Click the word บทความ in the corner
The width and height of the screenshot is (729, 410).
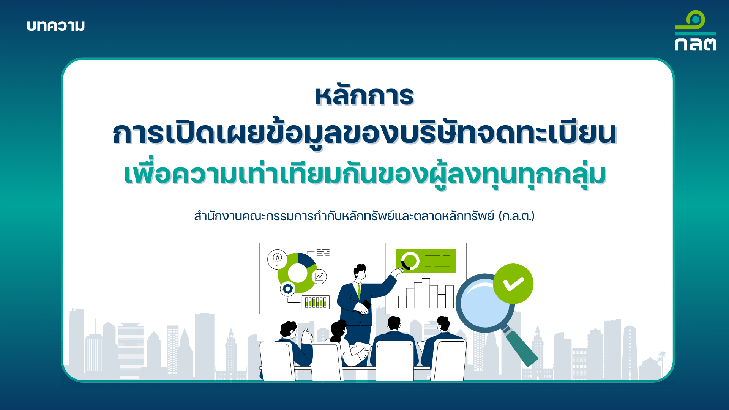click(56, 26)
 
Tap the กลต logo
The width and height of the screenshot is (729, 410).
click(696, 31)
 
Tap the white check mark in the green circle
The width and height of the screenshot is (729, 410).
click(513, 284)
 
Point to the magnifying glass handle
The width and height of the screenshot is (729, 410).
click(521, 348)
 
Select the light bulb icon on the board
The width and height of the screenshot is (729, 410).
click(278, 260)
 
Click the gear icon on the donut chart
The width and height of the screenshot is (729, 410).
click(288, 289)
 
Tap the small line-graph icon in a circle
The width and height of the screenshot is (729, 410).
click(319, 276)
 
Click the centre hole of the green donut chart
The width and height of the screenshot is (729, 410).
click(297, 273)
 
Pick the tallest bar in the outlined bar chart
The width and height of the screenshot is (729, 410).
click(426, 293)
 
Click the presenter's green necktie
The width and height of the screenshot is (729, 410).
click(359, 291)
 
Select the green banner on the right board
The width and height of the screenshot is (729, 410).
click(426, 261)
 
